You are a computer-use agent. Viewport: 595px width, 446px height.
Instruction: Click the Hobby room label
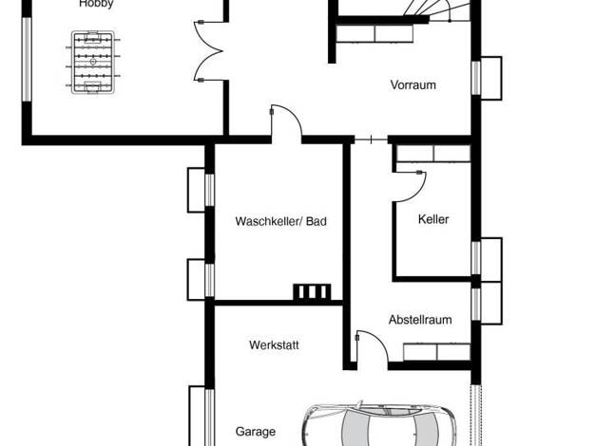tap(96, 4)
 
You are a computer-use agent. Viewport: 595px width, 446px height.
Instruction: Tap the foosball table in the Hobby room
tap(93, 62)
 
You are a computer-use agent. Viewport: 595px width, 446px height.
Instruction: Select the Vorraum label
tap(413, 84)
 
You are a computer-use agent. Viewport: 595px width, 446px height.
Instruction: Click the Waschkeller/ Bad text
tap(280, 221)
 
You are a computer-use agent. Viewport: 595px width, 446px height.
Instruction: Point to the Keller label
tap(433, 219)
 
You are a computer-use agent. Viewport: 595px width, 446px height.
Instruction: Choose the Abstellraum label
tap(420, 320)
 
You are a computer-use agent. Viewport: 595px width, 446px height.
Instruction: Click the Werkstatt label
tap(274, 344)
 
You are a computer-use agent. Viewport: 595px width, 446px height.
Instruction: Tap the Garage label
tap(256, 431)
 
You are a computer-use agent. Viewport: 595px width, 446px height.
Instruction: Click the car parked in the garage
tap(379, 424)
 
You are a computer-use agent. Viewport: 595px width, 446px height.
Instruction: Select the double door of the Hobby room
tap(208, 51)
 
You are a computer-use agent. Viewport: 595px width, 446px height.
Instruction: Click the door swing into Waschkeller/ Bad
tap(286, 121)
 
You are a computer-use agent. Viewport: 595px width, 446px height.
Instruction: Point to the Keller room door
tap(410, 187)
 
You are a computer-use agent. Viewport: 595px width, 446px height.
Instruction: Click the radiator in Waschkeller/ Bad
tap(312, 292)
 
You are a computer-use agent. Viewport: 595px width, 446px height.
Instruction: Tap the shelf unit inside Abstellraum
tap(437, 352)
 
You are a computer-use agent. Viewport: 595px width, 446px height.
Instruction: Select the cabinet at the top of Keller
tap(433, 154)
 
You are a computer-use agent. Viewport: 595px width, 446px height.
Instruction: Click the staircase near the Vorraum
tap(436, 9)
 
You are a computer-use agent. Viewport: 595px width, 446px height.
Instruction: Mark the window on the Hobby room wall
tap(27, 60)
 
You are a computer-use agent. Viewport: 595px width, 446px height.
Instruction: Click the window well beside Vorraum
tap(491, 78)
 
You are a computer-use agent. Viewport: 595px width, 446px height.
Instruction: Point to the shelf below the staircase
tap(374, 34)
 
